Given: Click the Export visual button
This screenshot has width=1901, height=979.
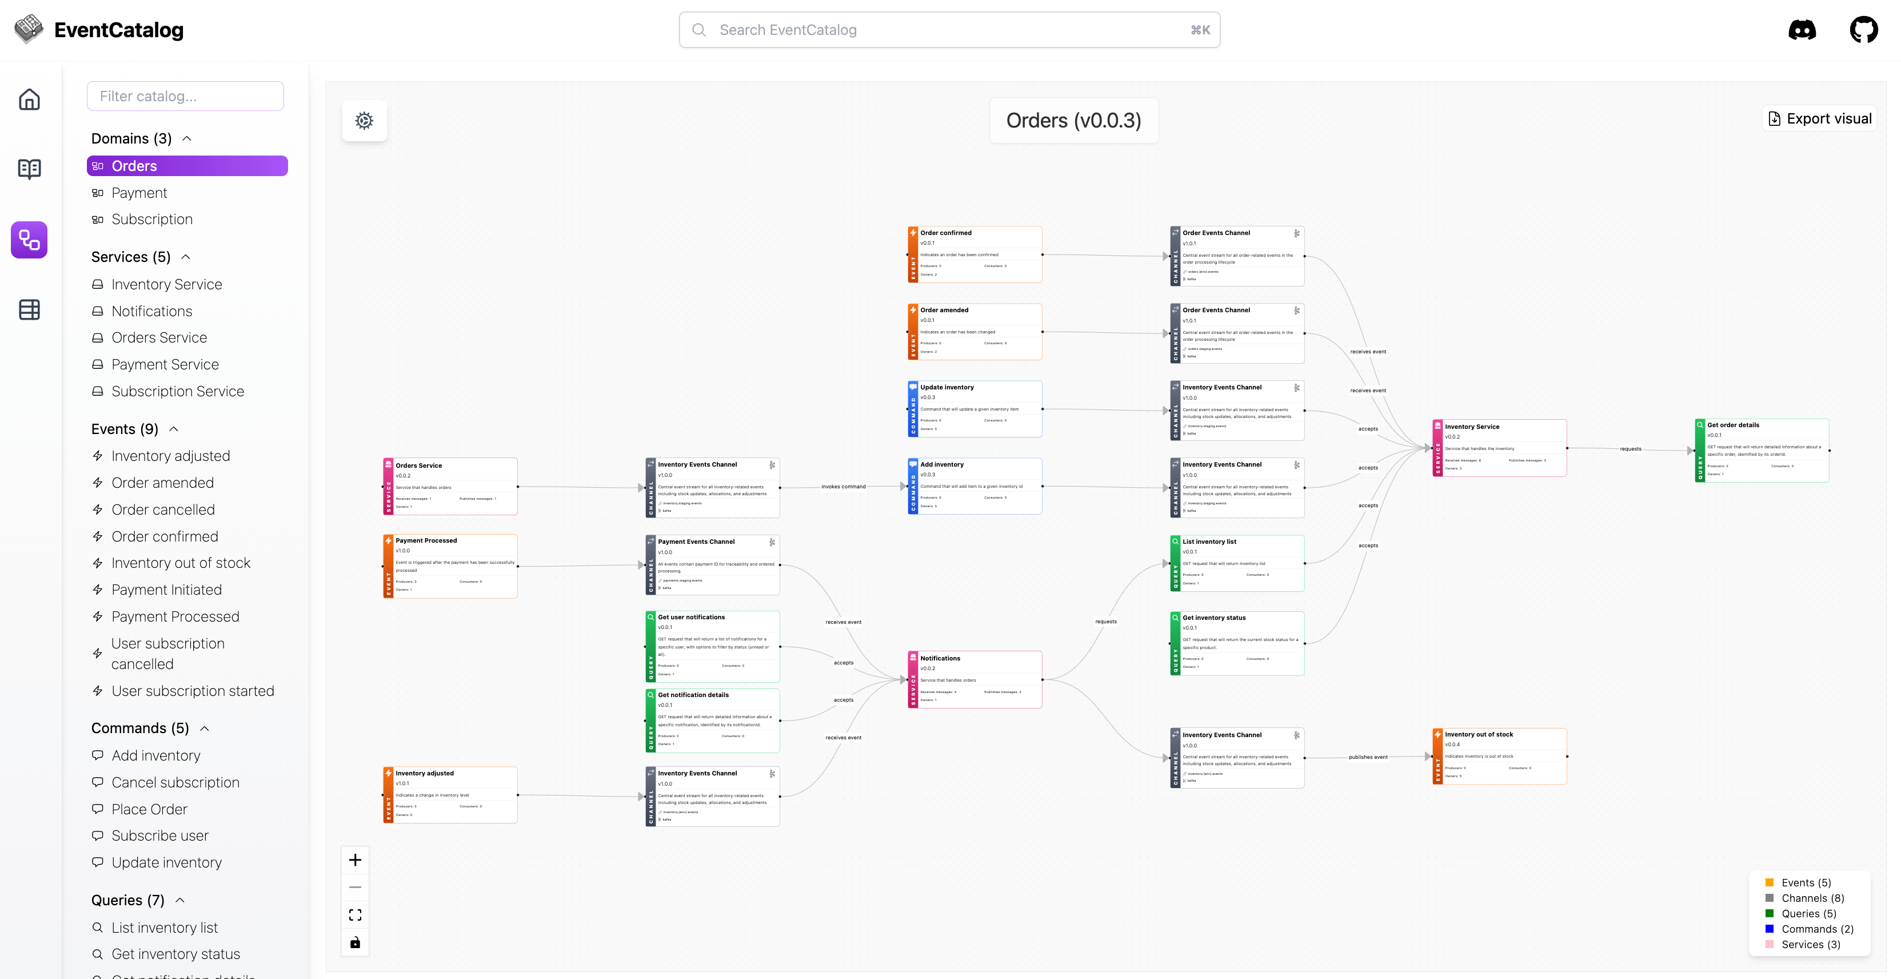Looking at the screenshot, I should tap(1820, 119).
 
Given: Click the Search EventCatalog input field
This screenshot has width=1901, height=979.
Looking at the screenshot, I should tap(948, 30).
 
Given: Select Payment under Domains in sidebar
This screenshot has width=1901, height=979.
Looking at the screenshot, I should tap(139, 193).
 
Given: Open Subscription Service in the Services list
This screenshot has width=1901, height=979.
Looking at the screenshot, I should tap(177, 391).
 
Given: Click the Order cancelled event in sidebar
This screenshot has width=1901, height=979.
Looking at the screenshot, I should tap(162, 510).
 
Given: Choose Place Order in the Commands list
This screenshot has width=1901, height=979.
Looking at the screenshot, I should tap(149, 809).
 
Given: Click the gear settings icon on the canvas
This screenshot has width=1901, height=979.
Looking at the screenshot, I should tap(364, 120).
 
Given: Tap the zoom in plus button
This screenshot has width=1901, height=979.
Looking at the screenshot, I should tap(355, 860).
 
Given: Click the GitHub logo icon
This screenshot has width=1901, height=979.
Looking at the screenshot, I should tap(1863, 30).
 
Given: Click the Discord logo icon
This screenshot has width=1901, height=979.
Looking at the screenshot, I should tap(1802, 30).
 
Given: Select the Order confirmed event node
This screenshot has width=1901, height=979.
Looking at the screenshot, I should tap(974, 254).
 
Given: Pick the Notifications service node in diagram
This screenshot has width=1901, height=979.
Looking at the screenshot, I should tap(974, 679).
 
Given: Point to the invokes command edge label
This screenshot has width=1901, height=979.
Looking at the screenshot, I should tap(842, 487).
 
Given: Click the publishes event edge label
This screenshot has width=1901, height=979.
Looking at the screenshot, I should tap(1367, 757).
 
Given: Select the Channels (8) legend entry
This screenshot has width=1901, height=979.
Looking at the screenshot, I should tap(1812, 898).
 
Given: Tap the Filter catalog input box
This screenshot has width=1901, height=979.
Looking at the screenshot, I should tap(185, 96).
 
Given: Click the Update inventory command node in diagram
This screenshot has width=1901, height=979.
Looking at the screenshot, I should tap(974, 409).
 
